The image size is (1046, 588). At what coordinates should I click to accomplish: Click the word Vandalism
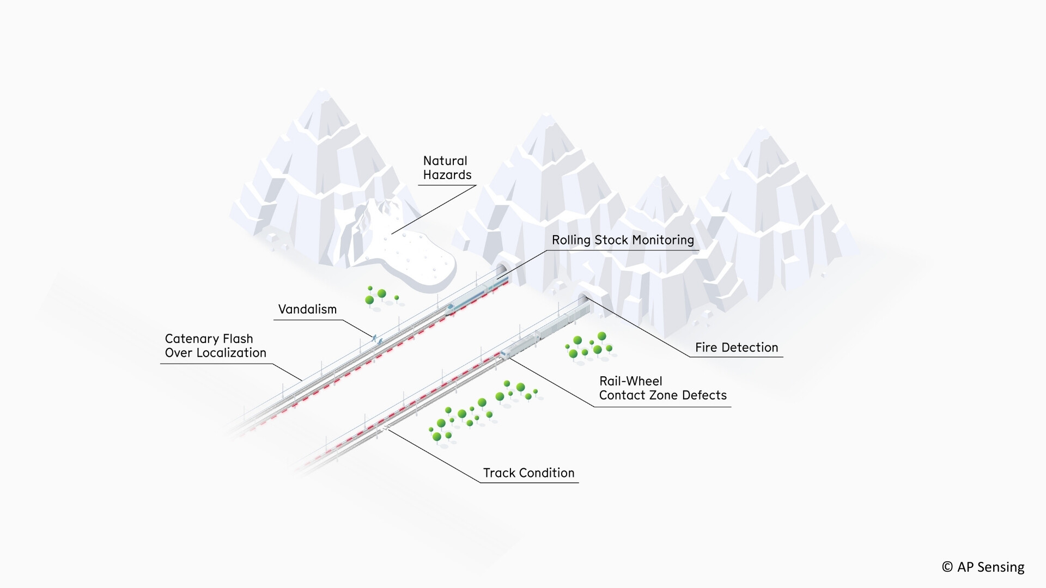pyautogui.click(x=307, y=309)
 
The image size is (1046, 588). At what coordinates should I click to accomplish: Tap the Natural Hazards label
pyautogui.click(x=447, y=168)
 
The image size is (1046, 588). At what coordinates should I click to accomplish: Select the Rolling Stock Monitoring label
pyautogui.click(x=623, y=240)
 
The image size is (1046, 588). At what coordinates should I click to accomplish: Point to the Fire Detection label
pyautogui.click(x=737, y=347)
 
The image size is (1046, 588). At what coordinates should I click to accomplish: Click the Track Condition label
pyautogui.click(x=528, y=473)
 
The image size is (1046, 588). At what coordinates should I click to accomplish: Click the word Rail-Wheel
pyautogui.click(x=630, y=381)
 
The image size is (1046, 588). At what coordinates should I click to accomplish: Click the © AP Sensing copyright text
pyautogui.click(x=983, y=567)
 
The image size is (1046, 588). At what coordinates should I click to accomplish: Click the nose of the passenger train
pyautogui.click(x=449, y=308)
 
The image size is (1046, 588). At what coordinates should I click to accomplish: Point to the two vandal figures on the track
pyautogui.click(x=376, y=339)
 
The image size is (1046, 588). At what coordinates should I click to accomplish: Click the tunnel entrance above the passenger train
pyautogui.click(x=502, y=268)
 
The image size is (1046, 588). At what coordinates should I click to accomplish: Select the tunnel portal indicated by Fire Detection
pyautogui.click(x=583, y=298)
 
